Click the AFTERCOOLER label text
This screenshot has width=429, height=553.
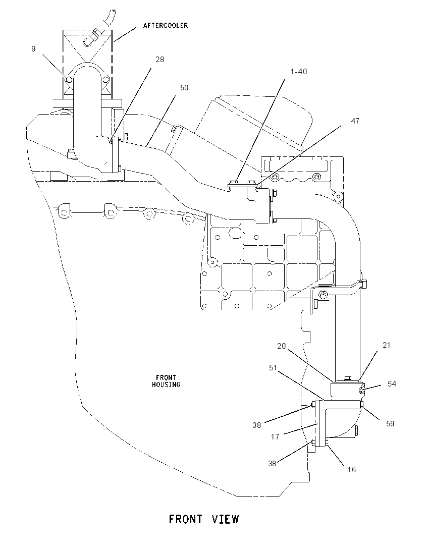click(166, 25)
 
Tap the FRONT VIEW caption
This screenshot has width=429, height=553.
click(204, 519)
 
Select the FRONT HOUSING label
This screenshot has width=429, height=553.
click(166, 381)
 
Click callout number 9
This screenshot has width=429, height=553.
click(33, 48)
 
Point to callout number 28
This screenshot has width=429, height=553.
click(160, 59)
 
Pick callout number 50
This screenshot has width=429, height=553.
click(184, 87)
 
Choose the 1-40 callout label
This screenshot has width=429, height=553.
click(298, 72)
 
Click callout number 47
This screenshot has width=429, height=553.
click(355, 121)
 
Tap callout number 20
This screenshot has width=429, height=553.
click(281, 346)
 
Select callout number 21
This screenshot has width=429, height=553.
click(386, 345)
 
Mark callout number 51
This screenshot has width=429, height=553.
click(273, 368)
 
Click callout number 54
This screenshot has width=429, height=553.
click(392, 383)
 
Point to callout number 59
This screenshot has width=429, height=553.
click(390, 423)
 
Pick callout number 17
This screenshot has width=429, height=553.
click(275, 437)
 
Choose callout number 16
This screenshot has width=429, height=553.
click(351, 469)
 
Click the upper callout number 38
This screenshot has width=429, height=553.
click(256, 425)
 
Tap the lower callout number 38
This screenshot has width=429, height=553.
click(272, 463)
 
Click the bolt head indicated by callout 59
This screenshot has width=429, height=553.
click(361, 405)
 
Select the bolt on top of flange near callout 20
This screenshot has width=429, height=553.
click(347, 378)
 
